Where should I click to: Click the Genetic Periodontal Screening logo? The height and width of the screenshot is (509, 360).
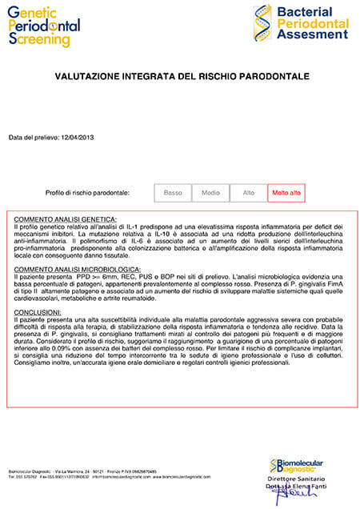pyautogui.click(x=44, y=25)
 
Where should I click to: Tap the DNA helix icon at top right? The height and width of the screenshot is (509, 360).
pyautogui.click(x=262, y=22)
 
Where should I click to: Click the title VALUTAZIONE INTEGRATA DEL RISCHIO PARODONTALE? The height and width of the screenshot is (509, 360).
pyautogui.click(x=180, y=78)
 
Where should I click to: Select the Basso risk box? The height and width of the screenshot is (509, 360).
pyautogui.click(x=173, y=193)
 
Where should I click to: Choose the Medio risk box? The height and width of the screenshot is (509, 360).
pyautogui.click(x=210, y=193)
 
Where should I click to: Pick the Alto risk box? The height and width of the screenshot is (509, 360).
pyautogui.click(x=248, y=193)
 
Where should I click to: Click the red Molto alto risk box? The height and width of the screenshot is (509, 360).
pyautogui.click(x=286, y=193)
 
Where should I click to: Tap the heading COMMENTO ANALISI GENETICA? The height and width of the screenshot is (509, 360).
pyautogui.click(x=66, y=219)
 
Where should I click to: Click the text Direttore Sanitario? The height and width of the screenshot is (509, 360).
pyautogui.click(x=298, y=478)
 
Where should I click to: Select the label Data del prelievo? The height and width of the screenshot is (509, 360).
pyautogui.click(x=33, y=138)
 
